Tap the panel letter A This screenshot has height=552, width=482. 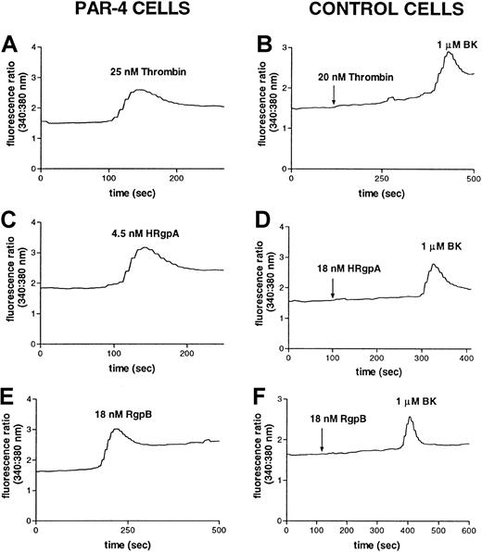9,44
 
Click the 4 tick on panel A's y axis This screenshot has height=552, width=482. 34,46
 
